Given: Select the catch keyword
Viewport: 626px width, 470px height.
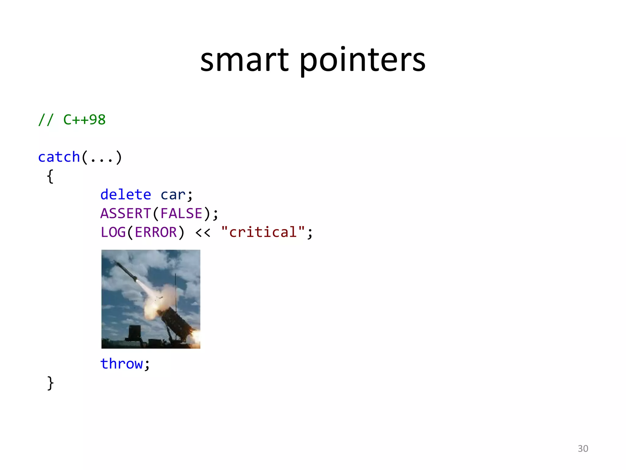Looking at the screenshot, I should point(59,157).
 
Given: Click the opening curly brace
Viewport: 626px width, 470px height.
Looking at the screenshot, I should point(50,176).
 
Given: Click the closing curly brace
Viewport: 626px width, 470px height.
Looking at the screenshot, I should point(50,383).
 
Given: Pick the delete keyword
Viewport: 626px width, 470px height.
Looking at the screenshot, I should point(126,195).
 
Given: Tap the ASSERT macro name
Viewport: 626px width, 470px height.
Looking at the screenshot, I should point(126,214).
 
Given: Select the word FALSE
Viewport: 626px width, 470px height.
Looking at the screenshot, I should point(182,214).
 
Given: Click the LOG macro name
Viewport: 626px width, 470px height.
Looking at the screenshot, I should point(113,233).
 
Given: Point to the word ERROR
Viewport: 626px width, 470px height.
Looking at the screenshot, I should point(156,233).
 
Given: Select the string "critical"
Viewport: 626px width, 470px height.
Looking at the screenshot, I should point(263,232).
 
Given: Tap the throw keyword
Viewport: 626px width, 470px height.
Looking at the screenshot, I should point(122,364).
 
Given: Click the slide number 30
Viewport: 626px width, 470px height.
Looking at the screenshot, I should point(583,449).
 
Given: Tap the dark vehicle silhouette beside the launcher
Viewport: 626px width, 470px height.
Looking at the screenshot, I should point(134,334).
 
